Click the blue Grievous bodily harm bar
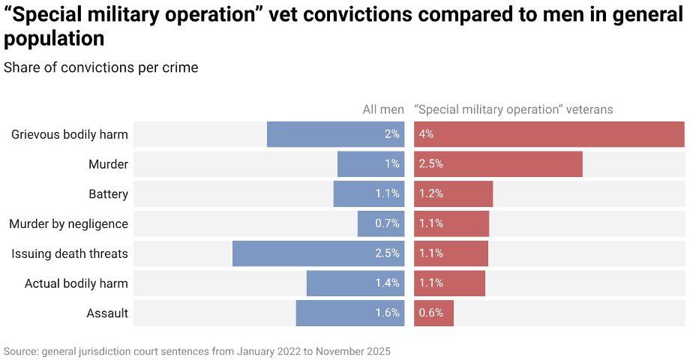point(335,134)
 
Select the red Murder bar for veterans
point(498,164)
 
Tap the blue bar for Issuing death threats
point(318,253)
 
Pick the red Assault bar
point(433,313)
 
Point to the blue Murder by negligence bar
point(381,223)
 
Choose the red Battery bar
point(453,193)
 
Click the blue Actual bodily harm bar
point(355,283)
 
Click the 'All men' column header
point(383,109)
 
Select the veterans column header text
point(514,109)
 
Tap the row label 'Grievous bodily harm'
point(70,135)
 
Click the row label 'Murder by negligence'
point(68,223)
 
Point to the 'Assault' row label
point(107,313)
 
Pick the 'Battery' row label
point(108,194)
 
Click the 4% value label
point(427,134)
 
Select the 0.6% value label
point(431,313)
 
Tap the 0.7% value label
point(387,223)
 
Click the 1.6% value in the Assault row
point(387,313)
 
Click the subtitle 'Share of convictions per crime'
point(101,67)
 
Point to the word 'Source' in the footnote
point(21,351)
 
